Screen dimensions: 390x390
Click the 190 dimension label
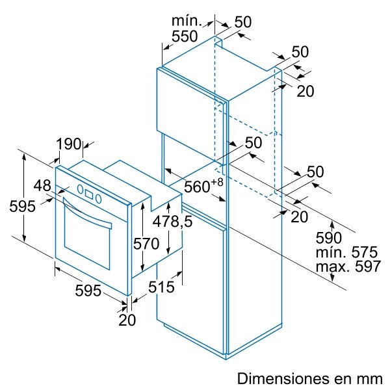pos(69,144)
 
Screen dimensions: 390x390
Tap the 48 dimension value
pos(42,185)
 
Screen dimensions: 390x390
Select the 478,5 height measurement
pos(172,221)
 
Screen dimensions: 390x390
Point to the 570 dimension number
pos(146,244)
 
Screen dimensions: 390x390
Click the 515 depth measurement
pos(161,287)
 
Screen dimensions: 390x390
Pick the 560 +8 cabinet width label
pos(203,185)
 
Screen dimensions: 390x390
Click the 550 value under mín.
pos(185,36)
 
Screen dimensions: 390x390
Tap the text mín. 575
pos(346,252)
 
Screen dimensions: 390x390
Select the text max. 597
pos(348,266)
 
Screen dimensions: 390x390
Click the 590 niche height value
pos(328,238)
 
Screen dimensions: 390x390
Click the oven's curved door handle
pos(87,213)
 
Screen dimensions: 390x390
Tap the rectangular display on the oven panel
pos(89,194)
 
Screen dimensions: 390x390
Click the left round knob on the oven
pos(80,188)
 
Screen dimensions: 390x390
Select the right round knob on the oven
pos(99,199)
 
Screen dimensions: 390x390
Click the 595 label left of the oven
pos(22,206)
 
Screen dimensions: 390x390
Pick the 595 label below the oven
pos(88,291)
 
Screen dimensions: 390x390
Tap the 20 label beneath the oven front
pos(127,320)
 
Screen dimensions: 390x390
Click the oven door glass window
pos(87,239)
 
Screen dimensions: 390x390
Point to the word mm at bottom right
pos(370,380)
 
